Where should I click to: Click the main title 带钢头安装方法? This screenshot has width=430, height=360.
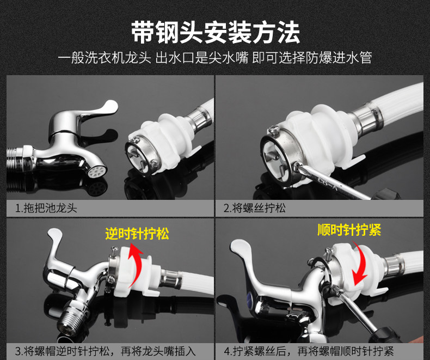click(x=216, y=32)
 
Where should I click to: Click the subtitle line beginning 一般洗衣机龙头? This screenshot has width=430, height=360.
click(x=215, y=58)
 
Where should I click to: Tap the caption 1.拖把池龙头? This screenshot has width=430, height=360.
click(x=46, y=208)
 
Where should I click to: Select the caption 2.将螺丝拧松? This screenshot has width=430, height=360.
click(x=255, y=208)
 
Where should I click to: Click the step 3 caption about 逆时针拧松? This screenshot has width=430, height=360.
click(x=106, y=351)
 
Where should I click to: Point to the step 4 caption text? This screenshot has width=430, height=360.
click(x=309, y=351)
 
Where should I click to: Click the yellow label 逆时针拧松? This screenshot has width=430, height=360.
click(x=137, y=234)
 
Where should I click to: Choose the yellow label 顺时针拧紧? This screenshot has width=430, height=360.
click(x=349, y=230)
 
